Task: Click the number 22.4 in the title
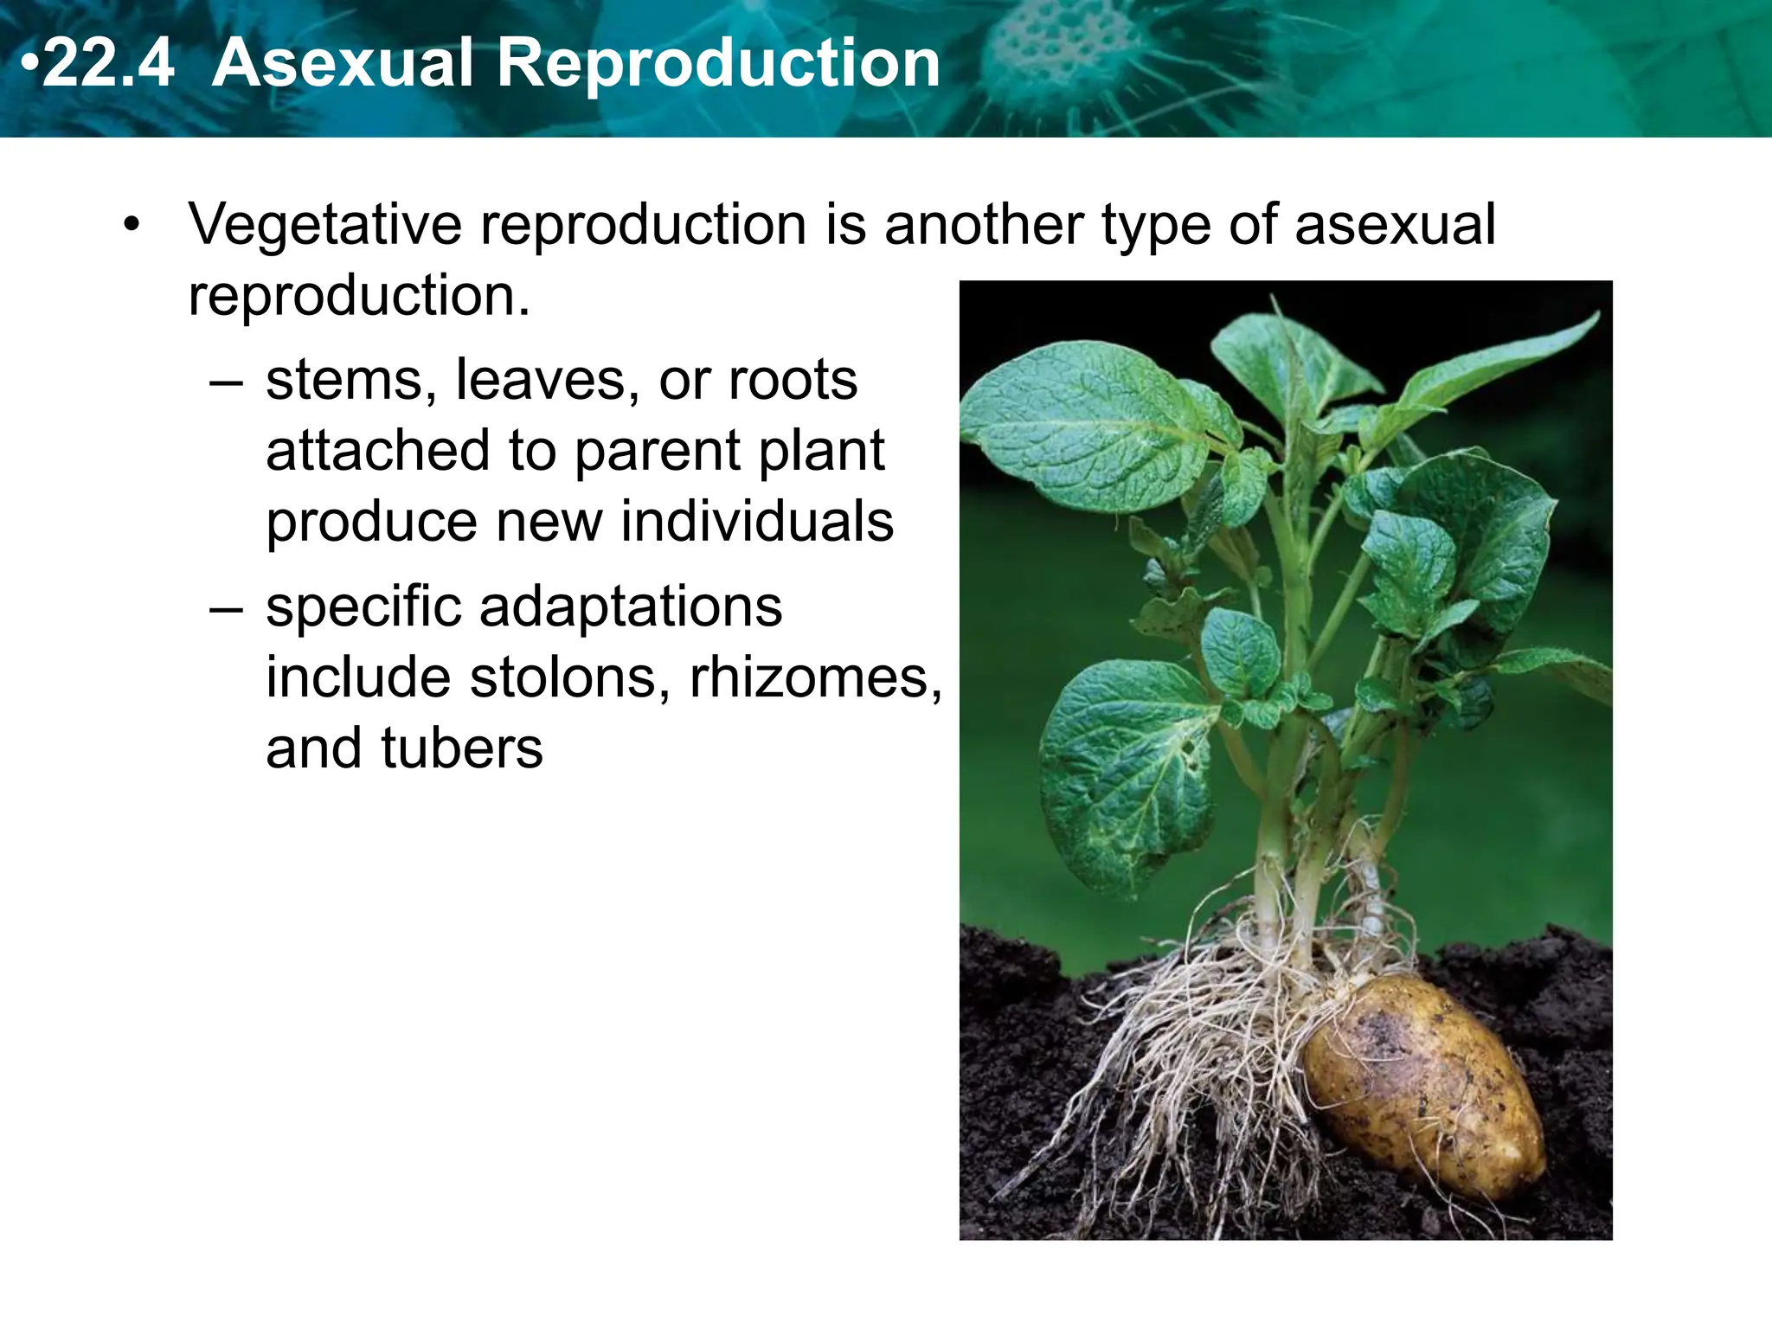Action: [107, 64]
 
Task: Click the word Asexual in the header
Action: [342, 64]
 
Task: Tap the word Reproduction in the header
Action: [717, 64]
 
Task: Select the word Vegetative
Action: [325, 225]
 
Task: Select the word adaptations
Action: [631, 607]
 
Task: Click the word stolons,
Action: [570, 677]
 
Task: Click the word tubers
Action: [461, 748]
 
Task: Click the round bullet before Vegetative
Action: [132, 225]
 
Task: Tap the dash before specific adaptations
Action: [227, 608]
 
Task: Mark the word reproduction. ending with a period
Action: [359, 296]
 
